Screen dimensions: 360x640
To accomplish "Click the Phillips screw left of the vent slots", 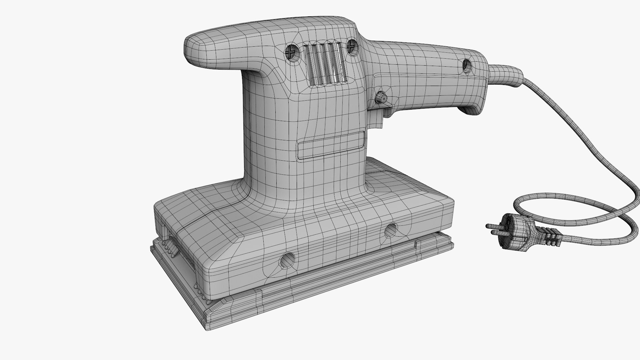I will [x=292, y=52].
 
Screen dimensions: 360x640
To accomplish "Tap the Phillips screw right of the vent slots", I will [x=351, y=46].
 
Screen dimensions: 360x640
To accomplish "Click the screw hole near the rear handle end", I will [x=466, y=66].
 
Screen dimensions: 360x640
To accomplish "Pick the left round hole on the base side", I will [x=288, y=260].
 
